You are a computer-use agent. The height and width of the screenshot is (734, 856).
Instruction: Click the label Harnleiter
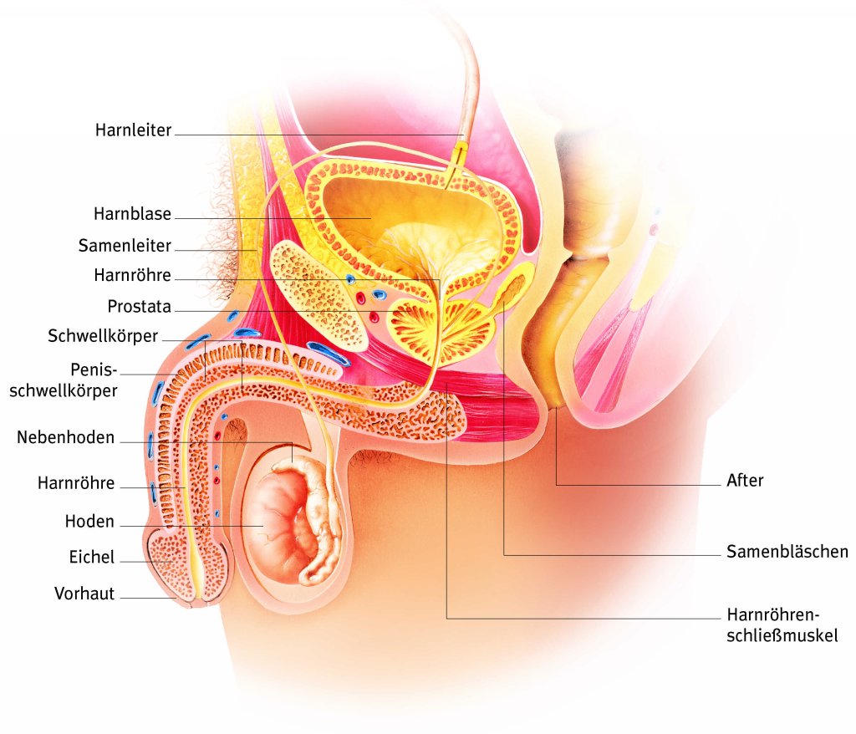(x=133, y=130)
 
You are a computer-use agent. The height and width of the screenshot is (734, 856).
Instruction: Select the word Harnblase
(x=133, y=214)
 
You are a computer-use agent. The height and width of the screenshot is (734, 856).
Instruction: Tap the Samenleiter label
(x=125, y=246)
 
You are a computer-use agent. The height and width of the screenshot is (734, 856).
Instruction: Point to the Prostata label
(x=139, y=307)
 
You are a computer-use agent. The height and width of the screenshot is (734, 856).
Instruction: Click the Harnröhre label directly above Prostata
(x=133, y=275)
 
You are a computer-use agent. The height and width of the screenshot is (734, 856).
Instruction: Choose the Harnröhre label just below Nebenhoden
(x=76, y=483)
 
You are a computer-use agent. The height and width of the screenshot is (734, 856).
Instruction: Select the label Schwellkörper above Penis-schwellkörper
(x=103, y=336)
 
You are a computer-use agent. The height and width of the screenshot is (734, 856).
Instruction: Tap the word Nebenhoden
(x=65, y=437)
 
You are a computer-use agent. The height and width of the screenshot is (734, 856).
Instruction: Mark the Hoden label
(x=89, y=522)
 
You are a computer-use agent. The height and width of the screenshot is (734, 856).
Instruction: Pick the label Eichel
(x=92, y=557)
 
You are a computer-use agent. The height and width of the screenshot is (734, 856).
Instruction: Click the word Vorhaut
(x=84, y=594)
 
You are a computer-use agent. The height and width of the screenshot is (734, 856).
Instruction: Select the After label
(x=745, y=481)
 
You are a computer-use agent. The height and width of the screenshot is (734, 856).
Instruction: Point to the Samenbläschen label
(x=787, y=552)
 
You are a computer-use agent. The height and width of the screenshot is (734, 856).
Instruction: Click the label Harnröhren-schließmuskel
(x=782, y=625)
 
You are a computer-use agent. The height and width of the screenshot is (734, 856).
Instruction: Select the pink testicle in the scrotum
(x=280, y=527)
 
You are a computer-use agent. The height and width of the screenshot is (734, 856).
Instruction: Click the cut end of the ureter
(x=459, y=155)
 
